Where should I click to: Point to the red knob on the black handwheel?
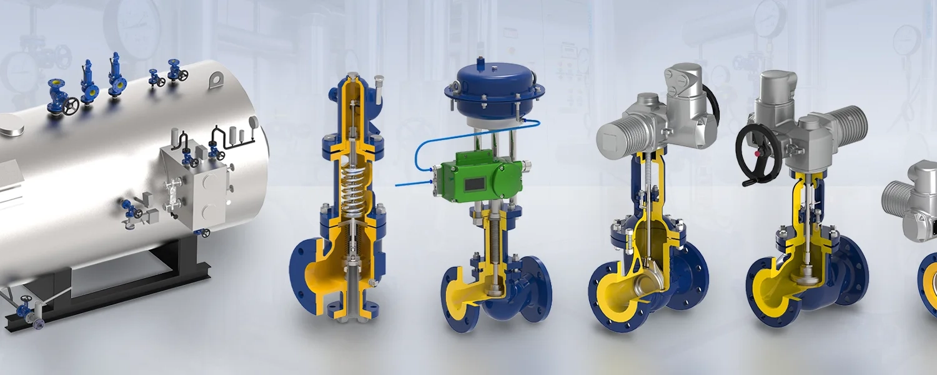pos(757,153)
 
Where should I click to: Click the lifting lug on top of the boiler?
pos(216,79)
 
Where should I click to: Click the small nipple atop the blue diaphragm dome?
pos(482,63)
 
